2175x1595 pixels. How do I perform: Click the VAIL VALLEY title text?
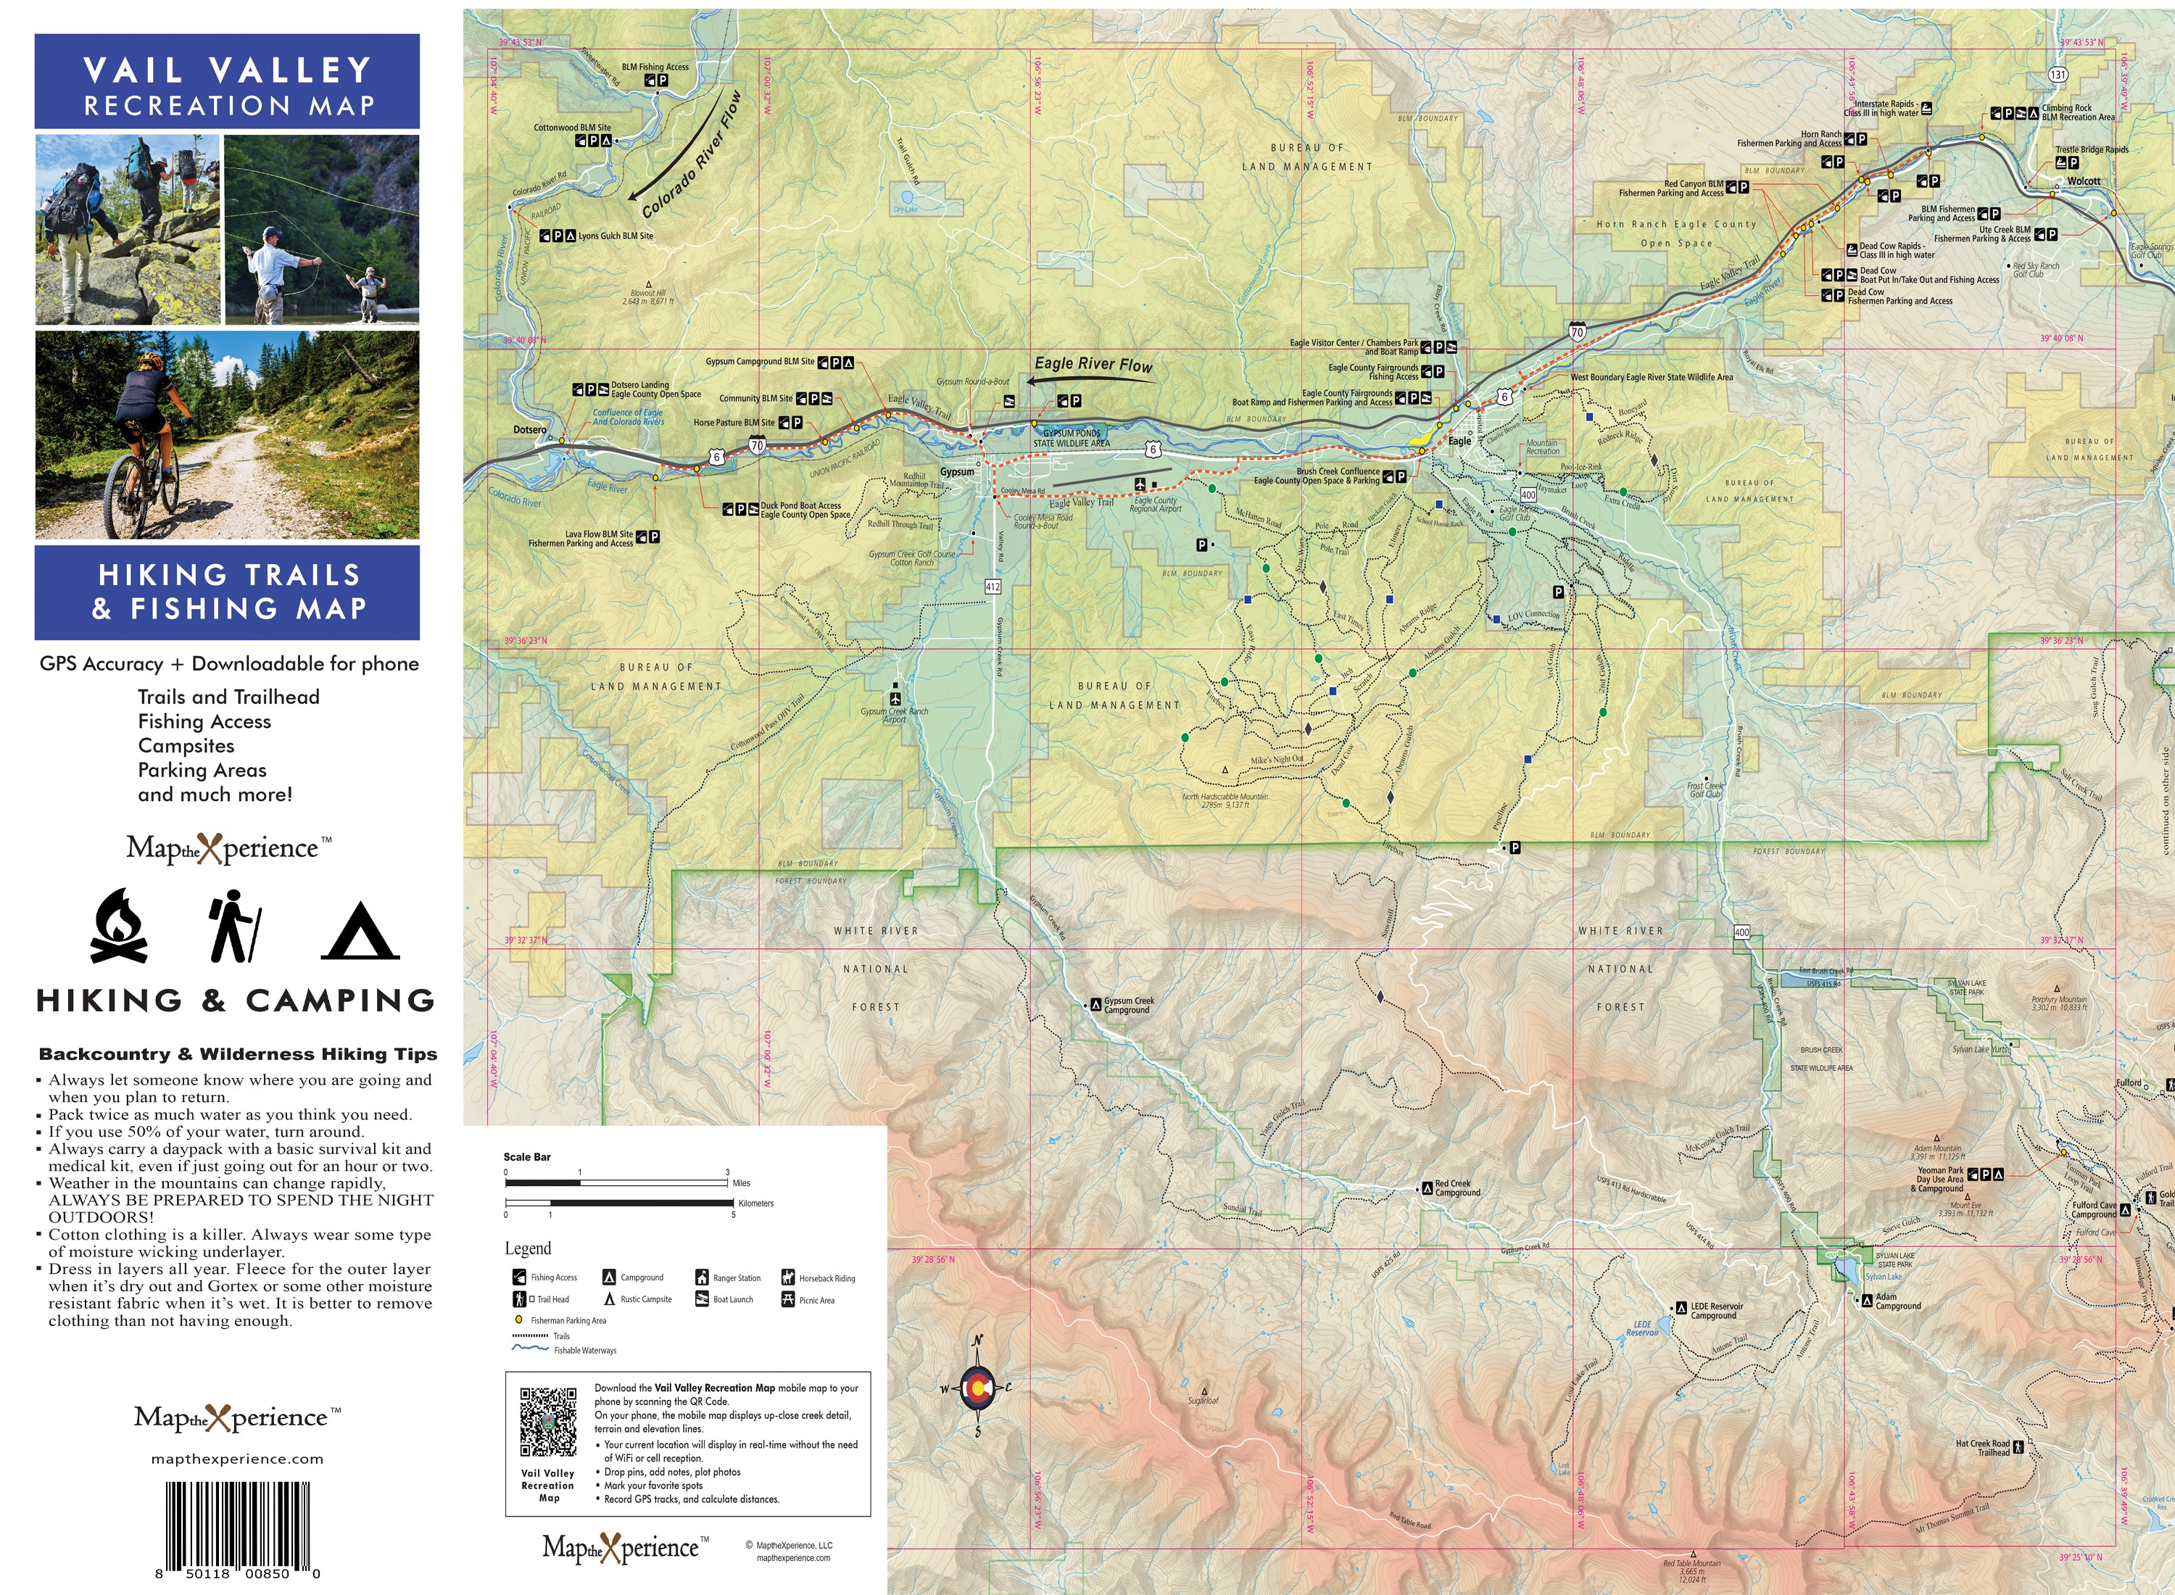pos(228,70)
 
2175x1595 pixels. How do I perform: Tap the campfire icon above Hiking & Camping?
pos(119,927)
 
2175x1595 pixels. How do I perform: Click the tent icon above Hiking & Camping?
pos(360,932)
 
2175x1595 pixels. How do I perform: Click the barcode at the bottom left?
pos(238,1525)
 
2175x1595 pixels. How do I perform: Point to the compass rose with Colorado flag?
pos(977,1388)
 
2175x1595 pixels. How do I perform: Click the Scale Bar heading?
pos(527,1156)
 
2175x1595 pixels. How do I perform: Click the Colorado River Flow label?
pos(691,154)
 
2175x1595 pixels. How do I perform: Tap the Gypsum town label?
pos(957,472)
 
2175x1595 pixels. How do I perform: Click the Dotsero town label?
pos(529,430)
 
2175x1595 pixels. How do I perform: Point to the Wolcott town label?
pos(2084,181)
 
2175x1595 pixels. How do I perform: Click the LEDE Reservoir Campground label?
pos(1717,1311)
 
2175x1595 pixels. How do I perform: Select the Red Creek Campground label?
pos(1456,1188)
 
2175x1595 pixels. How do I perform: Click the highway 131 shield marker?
pos(2058,75)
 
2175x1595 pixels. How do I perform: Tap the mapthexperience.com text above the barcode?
pos(238,1459)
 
